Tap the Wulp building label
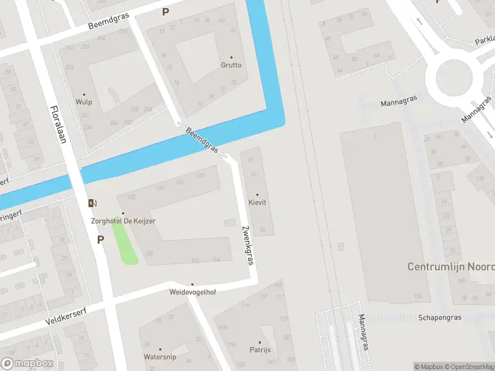84,103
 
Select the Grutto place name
231,65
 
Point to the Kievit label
257,203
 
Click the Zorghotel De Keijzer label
123,221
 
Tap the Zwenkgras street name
248,245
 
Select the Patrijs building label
260,350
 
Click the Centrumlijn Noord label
451,267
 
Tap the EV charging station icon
93,203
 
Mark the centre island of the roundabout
454,79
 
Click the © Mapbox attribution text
429,367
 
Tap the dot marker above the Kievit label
257,195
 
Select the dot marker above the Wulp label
84,95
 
